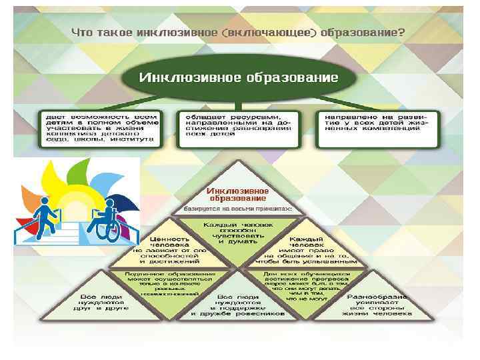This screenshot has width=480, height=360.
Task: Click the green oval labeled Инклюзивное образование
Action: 239,77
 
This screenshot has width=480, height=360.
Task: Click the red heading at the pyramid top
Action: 238,195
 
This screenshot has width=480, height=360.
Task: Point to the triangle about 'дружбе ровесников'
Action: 238,307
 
